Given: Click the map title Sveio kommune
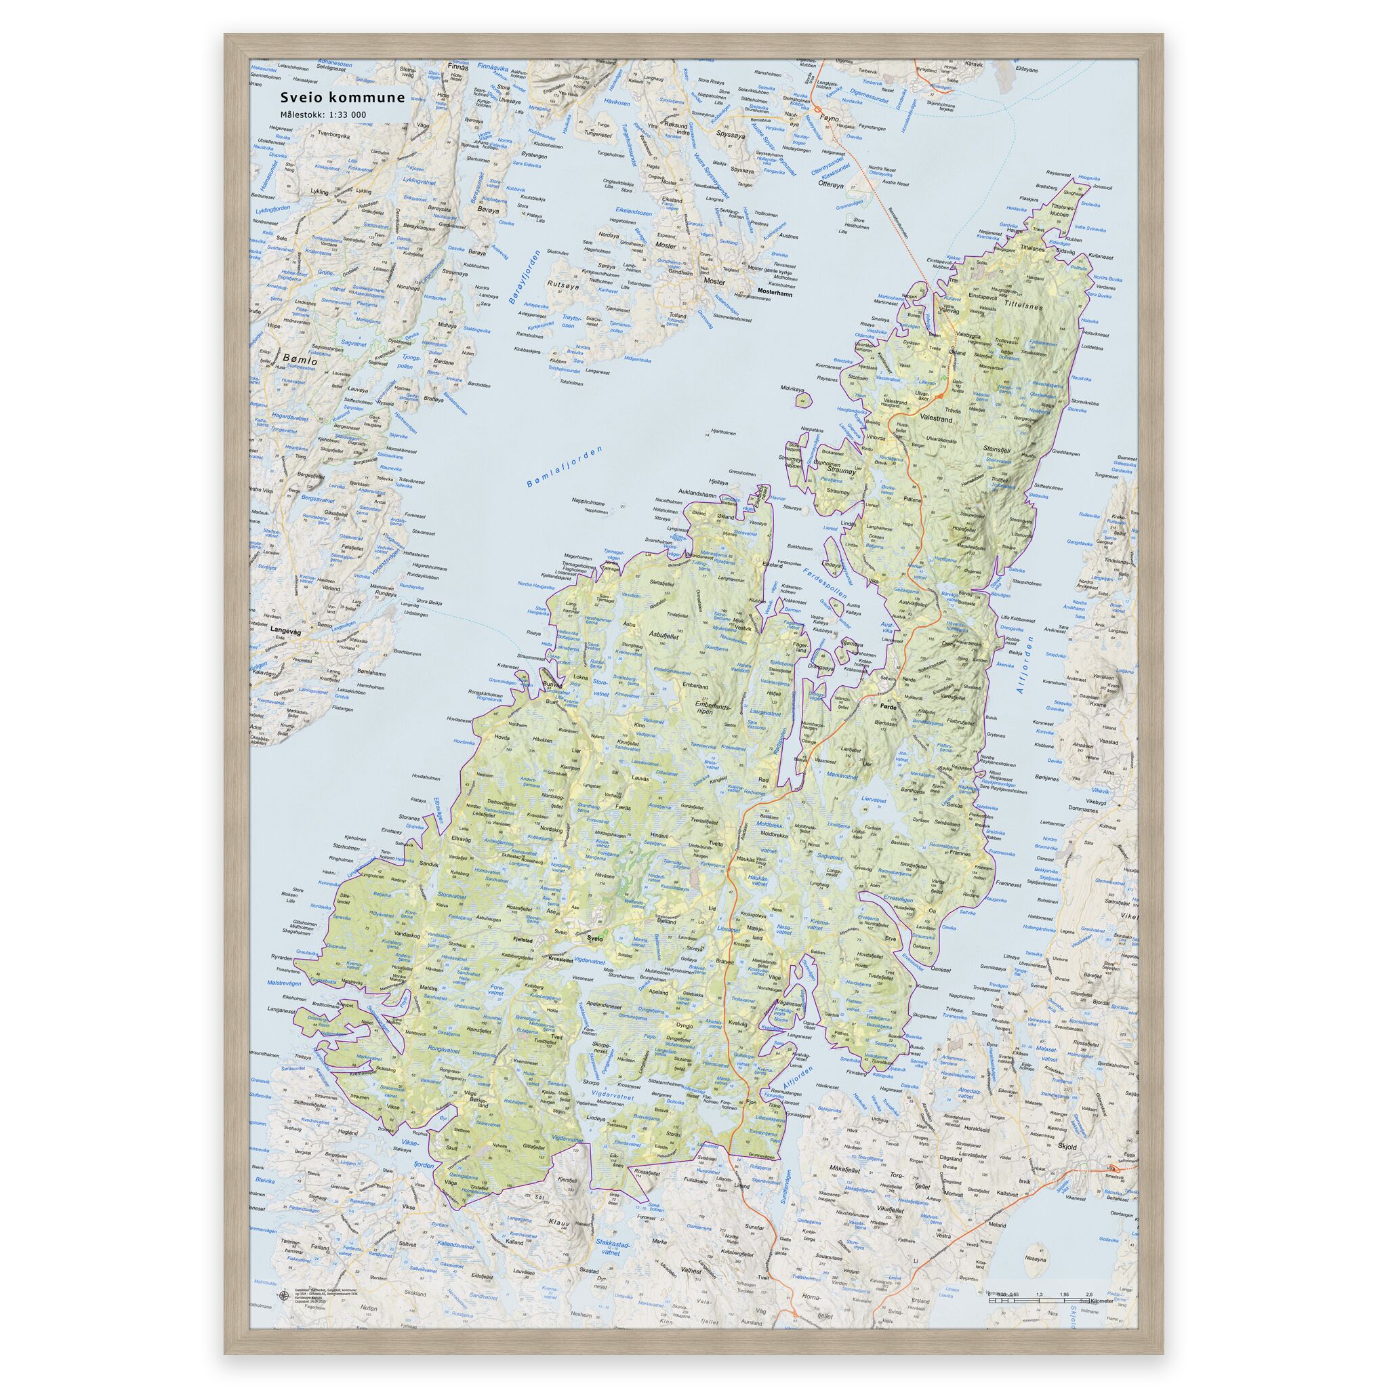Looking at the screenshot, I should (342, 98).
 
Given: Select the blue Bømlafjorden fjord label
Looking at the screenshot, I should (564, 468).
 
